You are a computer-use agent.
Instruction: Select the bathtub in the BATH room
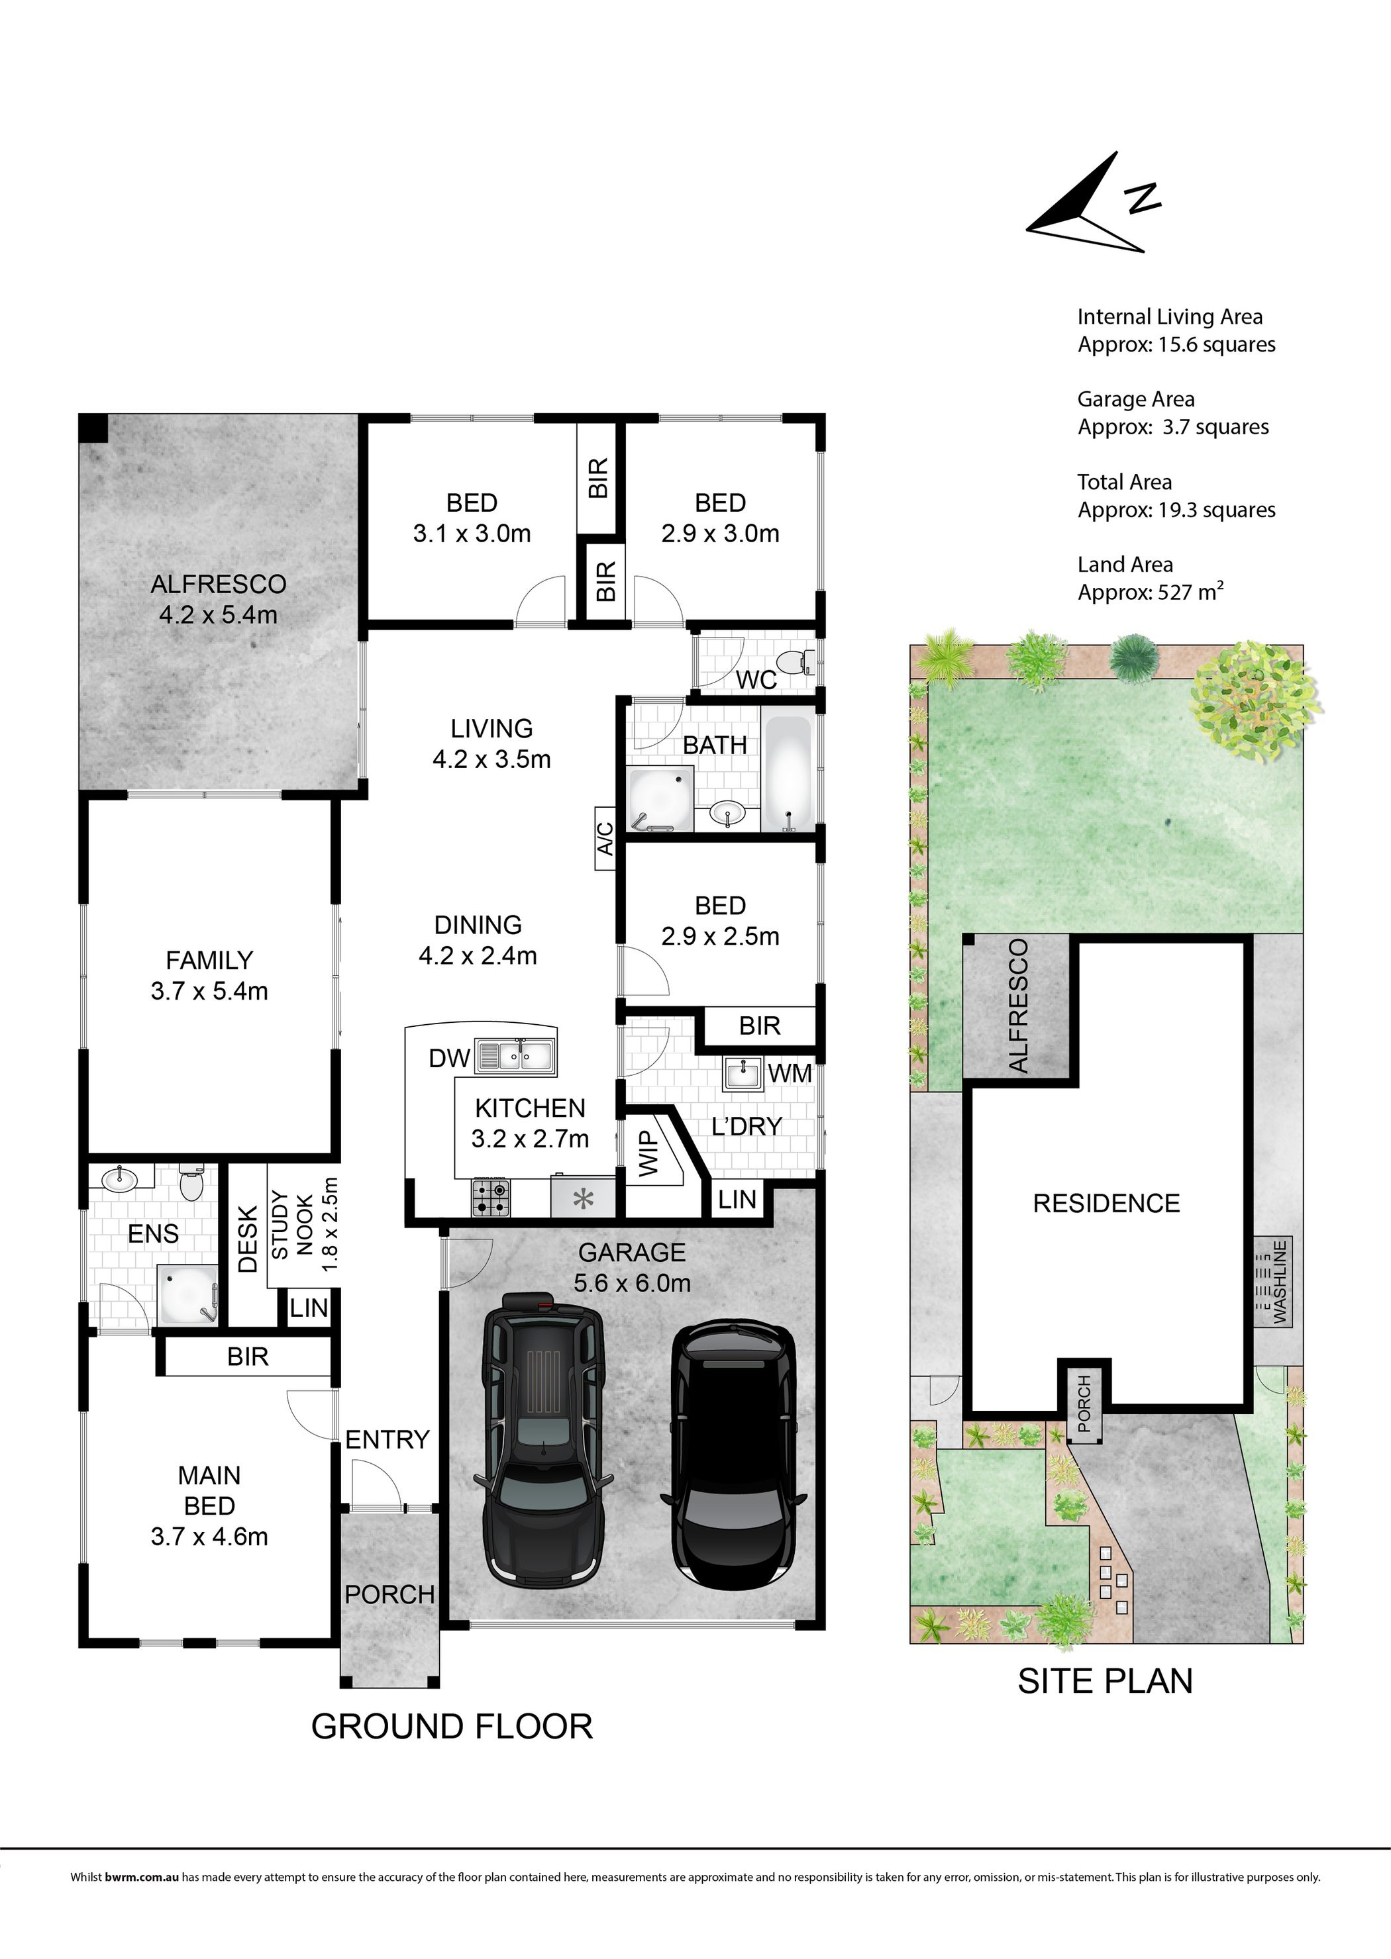(787, 773)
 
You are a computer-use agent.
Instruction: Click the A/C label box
(605, 838)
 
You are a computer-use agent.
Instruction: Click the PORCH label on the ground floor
(389, 1594)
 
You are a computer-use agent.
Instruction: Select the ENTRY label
(387, 1439)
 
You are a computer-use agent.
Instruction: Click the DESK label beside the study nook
(248, 1238)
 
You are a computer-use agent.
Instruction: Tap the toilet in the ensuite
(191, 1182)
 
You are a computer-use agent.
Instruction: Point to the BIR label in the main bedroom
(248, 1357)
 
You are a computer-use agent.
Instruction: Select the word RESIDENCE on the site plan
(1107, 1203)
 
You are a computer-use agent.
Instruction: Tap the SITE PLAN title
(1105, 1681)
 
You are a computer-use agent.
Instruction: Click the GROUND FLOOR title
(451, 1726)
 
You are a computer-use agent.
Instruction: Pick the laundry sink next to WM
(743, 1073)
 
